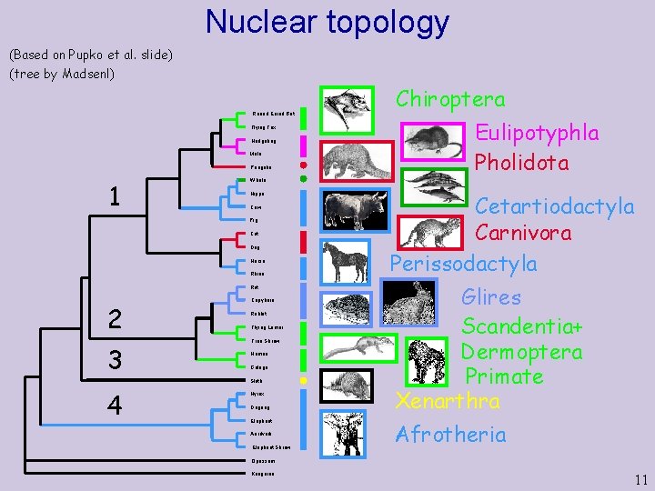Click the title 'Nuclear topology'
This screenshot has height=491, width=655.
(327, 22)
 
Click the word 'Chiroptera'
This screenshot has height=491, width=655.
(450, 99)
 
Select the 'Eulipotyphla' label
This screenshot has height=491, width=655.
(537, 133)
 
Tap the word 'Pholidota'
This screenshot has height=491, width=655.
(521, 164)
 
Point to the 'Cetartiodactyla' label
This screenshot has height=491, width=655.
(555, 207)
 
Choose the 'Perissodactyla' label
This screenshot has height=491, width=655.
(463, 264)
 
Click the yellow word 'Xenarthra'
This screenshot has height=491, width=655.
(447, 399)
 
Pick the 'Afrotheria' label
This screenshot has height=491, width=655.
(450, 435)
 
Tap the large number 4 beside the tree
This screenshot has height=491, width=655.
(115, 405)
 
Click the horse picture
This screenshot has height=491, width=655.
(347, 261)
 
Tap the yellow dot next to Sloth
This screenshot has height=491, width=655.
(303, 378)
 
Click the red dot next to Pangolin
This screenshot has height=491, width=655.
(303, 167)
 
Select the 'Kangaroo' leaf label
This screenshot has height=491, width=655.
(262, 474)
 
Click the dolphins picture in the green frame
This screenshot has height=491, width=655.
(437, 191)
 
